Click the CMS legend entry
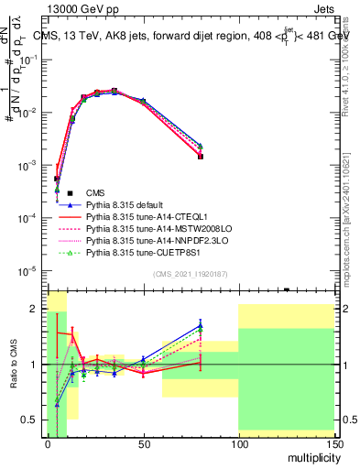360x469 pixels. (x=96, y=192)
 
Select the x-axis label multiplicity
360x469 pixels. (x=311, y=455)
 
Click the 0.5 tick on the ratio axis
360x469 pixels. (x=32, y=420)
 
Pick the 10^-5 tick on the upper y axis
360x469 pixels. (x=30, y=270)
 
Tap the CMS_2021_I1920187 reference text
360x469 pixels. (x=190, y=275)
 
